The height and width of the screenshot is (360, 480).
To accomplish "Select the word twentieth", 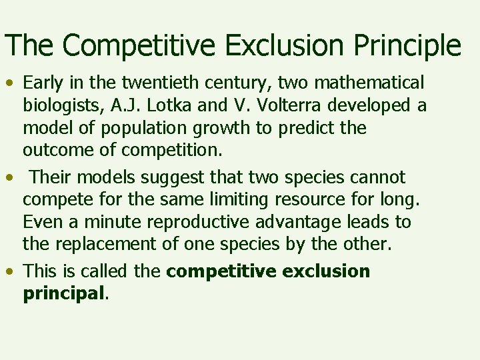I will coord(144,83).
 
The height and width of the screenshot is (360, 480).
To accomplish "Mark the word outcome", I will coord(59,151).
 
